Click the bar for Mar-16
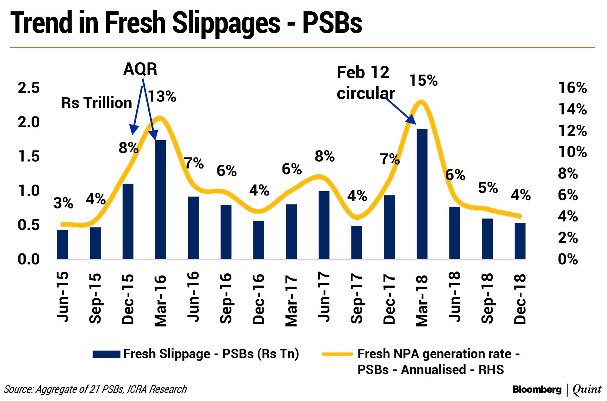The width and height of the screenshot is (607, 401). [161, 200]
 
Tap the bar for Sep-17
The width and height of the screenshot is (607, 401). [357, 242]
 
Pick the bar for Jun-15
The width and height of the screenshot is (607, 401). [63, 244]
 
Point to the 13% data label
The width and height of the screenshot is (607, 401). [162, 96]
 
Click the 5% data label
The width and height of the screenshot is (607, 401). [488, 188]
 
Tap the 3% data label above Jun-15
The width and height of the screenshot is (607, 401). [63, 203]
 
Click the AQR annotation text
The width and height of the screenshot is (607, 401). [140, 69]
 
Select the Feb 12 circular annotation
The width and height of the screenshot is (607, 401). [365, 83]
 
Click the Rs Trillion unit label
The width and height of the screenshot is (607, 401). [96, 103]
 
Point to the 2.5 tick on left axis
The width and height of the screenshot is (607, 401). [29, 88]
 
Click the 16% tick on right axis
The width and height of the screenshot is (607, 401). [572, 88]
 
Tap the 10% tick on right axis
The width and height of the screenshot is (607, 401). [572, 152]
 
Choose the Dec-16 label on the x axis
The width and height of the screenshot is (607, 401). [259, 299]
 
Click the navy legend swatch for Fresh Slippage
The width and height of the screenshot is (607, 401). [106, 354]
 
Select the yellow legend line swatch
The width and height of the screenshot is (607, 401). [337, 354]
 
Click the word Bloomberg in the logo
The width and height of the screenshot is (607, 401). [536, 389]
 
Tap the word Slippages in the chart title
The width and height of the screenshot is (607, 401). [226, 23]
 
